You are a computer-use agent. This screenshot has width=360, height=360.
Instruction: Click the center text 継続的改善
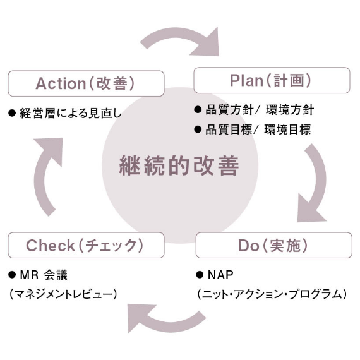(x=179, y=165)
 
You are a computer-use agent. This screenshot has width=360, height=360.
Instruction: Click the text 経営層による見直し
(x=71, y=113)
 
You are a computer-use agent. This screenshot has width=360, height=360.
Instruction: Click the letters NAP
(x=220, y=275)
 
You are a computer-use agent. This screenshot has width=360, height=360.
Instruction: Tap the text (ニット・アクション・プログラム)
(x=272, y=294)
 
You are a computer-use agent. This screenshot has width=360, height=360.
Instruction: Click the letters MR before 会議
(x=30, y=275)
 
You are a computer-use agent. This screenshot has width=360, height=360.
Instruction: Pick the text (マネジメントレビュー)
(x=63, y=294)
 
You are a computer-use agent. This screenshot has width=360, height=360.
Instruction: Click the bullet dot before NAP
(x=200, y=275)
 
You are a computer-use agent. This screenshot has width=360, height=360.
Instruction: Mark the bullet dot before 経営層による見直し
(x=12, y=113)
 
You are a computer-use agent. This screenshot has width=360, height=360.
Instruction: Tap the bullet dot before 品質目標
(x=198, y=129)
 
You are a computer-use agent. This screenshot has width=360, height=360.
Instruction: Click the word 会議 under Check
(x=56, y=275)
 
